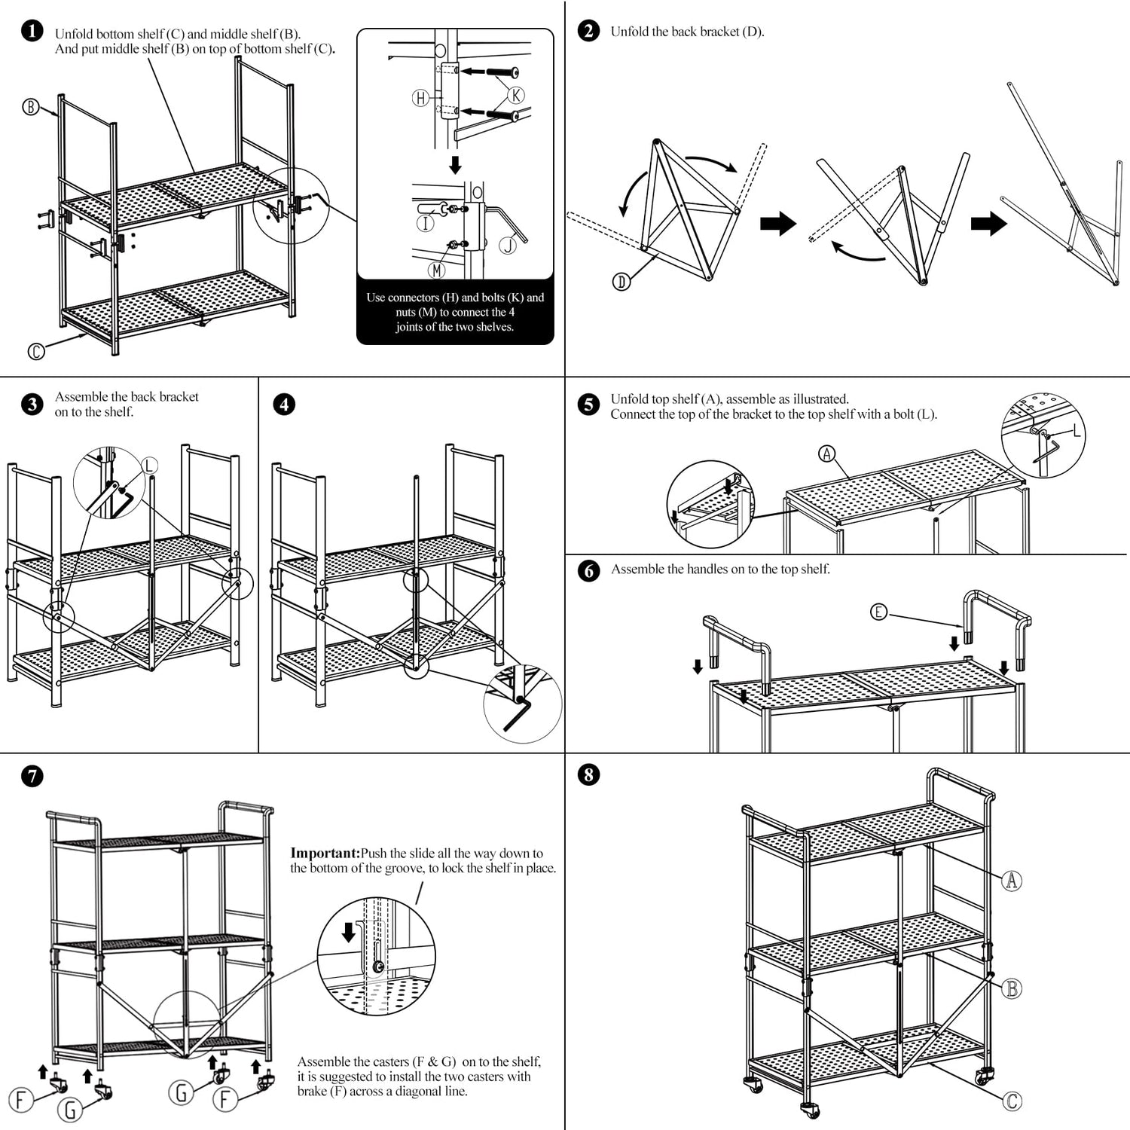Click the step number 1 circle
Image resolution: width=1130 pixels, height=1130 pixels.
point(32,31)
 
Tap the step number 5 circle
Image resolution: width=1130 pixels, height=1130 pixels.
point(588,404)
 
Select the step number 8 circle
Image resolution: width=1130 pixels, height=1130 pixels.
point(588,774)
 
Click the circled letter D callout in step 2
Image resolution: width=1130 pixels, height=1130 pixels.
point(621,282)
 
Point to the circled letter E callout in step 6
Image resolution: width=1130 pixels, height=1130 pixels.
point(878,612)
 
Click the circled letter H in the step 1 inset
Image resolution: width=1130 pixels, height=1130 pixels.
point(420,97)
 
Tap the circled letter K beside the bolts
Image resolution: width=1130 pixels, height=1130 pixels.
point(516,95)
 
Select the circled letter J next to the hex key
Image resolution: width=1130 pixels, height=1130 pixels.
point(508,244)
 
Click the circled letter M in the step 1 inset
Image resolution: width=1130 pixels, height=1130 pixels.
point(437,269)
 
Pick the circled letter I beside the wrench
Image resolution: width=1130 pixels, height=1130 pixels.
point(426,223)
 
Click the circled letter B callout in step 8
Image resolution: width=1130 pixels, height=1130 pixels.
point(1012,988)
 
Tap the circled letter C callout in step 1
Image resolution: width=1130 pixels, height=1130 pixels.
point(35,351)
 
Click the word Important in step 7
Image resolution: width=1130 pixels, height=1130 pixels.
point(324,854)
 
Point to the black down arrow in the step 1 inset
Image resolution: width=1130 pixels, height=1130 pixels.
point(455,164)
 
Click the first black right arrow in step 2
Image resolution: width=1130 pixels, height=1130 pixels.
point(778,224)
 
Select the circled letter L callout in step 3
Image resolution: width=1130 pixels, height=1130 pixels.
point(149,466)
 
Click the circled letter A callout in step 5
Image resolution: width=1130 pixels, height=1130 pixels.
point(827,454)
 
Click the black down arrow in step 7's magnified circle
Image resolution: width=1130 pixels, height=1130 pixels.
point(349,933)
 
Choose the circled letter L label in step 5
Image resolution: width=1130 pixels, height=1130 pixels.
point(1076,431)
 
